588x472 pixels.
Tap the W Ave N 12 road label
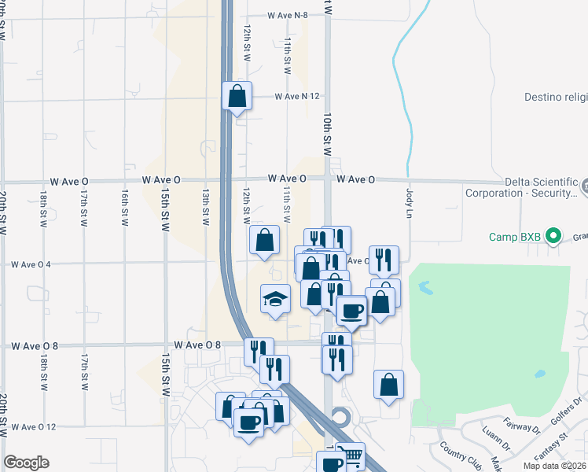pyautogui.click(x=296, y=96)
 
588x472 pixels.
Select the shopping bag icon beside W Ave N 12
pyautogui.click(x=237, y=98)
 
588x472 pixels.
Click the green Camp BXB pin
pyautogui.click(x=553, y=235)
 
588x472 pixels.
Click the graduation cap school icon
pyautogui.click(x=275, y=299)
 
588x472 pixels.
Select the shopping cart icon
pyautogui.click(x=351, y=455)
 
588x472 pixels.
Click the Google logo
pyautogui.click(x=26, y=463)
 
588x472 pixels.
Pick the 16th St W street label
pyautogui.click(x=124, y=208)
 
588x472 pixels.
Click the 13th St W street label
pyautogui.click(x=205, y=207)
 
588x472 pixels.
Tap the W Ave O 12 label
pyautogui.click(x=34, y=427)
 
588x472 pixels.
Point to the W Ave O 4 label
pyautogui.click(x=31, y=264)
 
